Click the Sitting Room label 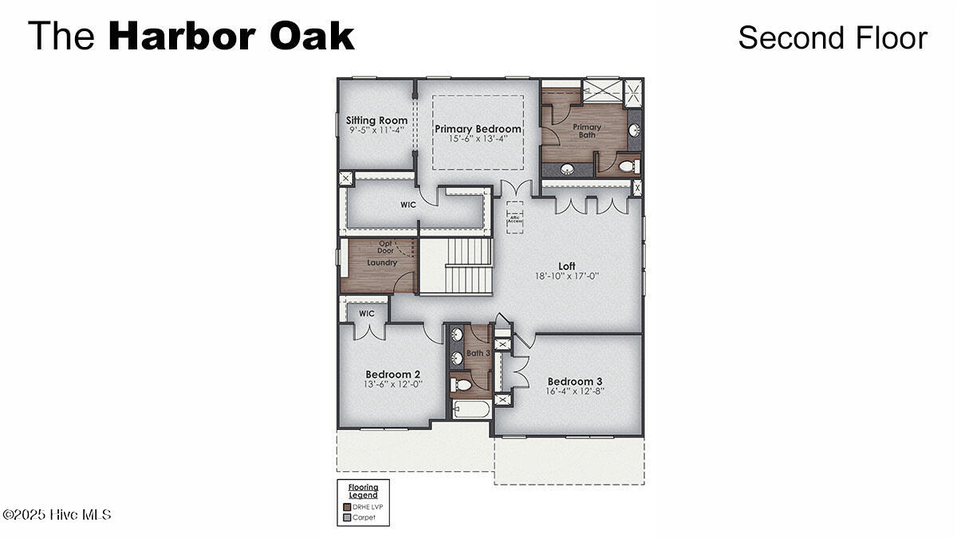coord(376,120)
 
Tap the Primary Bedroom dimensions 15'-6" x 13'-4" coord(478,139)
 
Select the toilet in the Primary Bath coord(627,167)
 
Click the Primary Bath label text coord(587,131)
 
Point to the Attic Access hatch coord(514,217)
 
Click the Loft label coord(566,266)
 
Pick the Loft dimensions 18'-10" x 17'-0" coord(566,277)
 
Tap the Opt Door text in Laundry coord(385,246)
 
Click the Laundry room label coord(381,262)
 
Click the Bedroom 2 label coord(392,374)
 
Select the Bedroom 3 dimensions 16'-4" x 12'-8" coord(576,391)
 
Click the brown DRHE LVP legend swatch coord(347,507)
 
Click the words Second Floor coord(832,37)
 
